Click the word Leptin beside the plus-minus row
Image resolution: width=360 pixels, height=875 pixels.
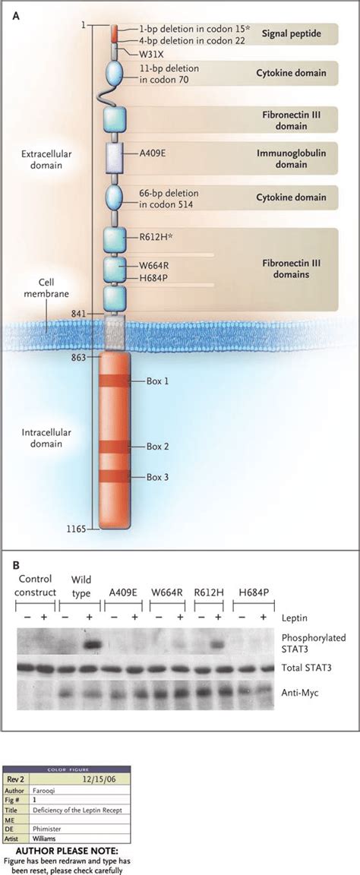click(296, 618)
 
